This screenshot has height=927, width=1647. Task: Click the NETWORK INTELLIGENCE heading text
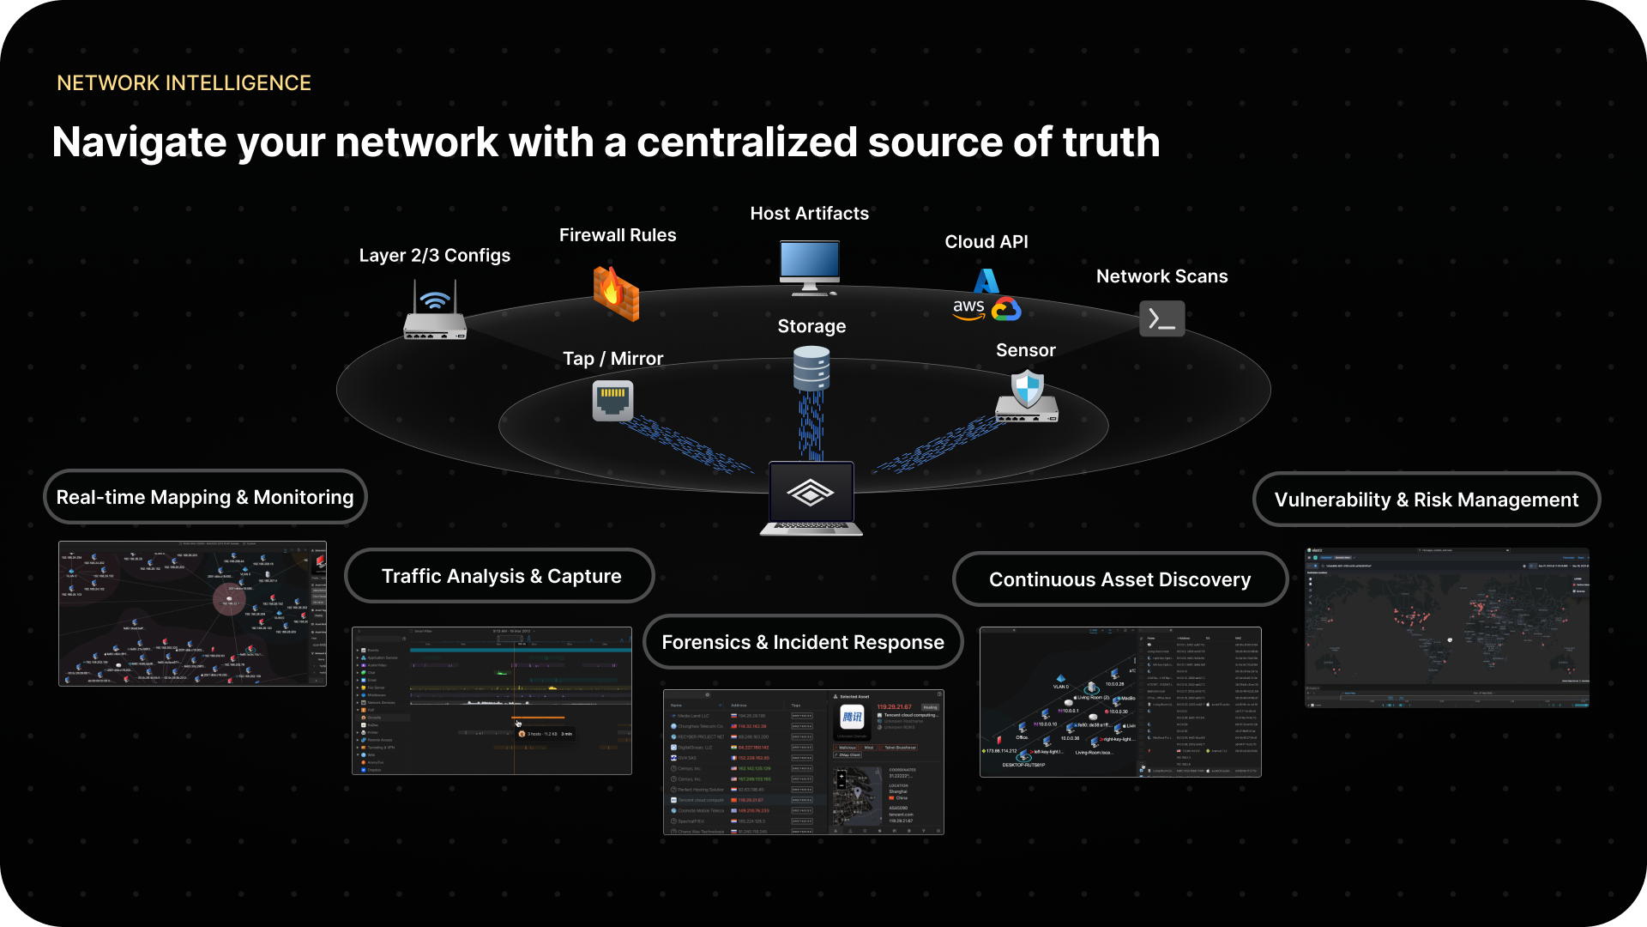(184, 83)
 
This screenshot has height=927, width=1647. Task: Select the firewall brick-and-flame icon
(616, 294)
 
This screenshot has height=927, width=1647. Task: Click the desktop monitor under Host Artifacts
(809, 267)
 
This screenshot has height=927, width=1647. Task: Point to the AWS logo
(968, 309)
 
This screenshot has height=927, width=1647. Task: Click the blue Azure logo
(986, 280)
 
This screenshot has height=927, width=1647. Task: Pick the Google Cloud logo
(1006, 309)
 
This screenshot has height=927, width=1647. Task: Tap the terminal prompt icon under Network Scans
(1161, 318)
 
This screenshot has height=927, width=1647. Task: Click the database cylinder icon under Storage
(811, 368)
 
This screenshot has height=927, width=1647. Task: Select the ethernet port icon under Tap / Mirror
(612, 400)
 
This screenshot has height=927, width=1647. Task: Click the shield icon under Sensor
(1027, 389)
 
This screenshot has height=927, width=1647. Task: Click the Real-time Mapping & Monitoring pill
(205, 497)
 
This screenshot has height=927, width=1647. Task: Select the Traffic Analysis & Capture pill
(501, 576)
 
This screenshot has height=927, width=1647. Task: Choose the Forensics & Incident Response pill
(803, 642)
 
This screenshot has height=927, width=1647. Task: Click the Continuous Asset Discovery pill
(1119, 579)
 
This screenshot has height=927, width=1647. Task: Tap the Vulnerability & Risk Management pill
(1426, 500)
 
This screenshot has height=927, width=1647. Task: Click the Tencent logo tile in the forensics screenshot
(852, 718)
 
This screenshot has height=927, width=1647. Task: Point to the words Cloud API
(986, 242)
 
